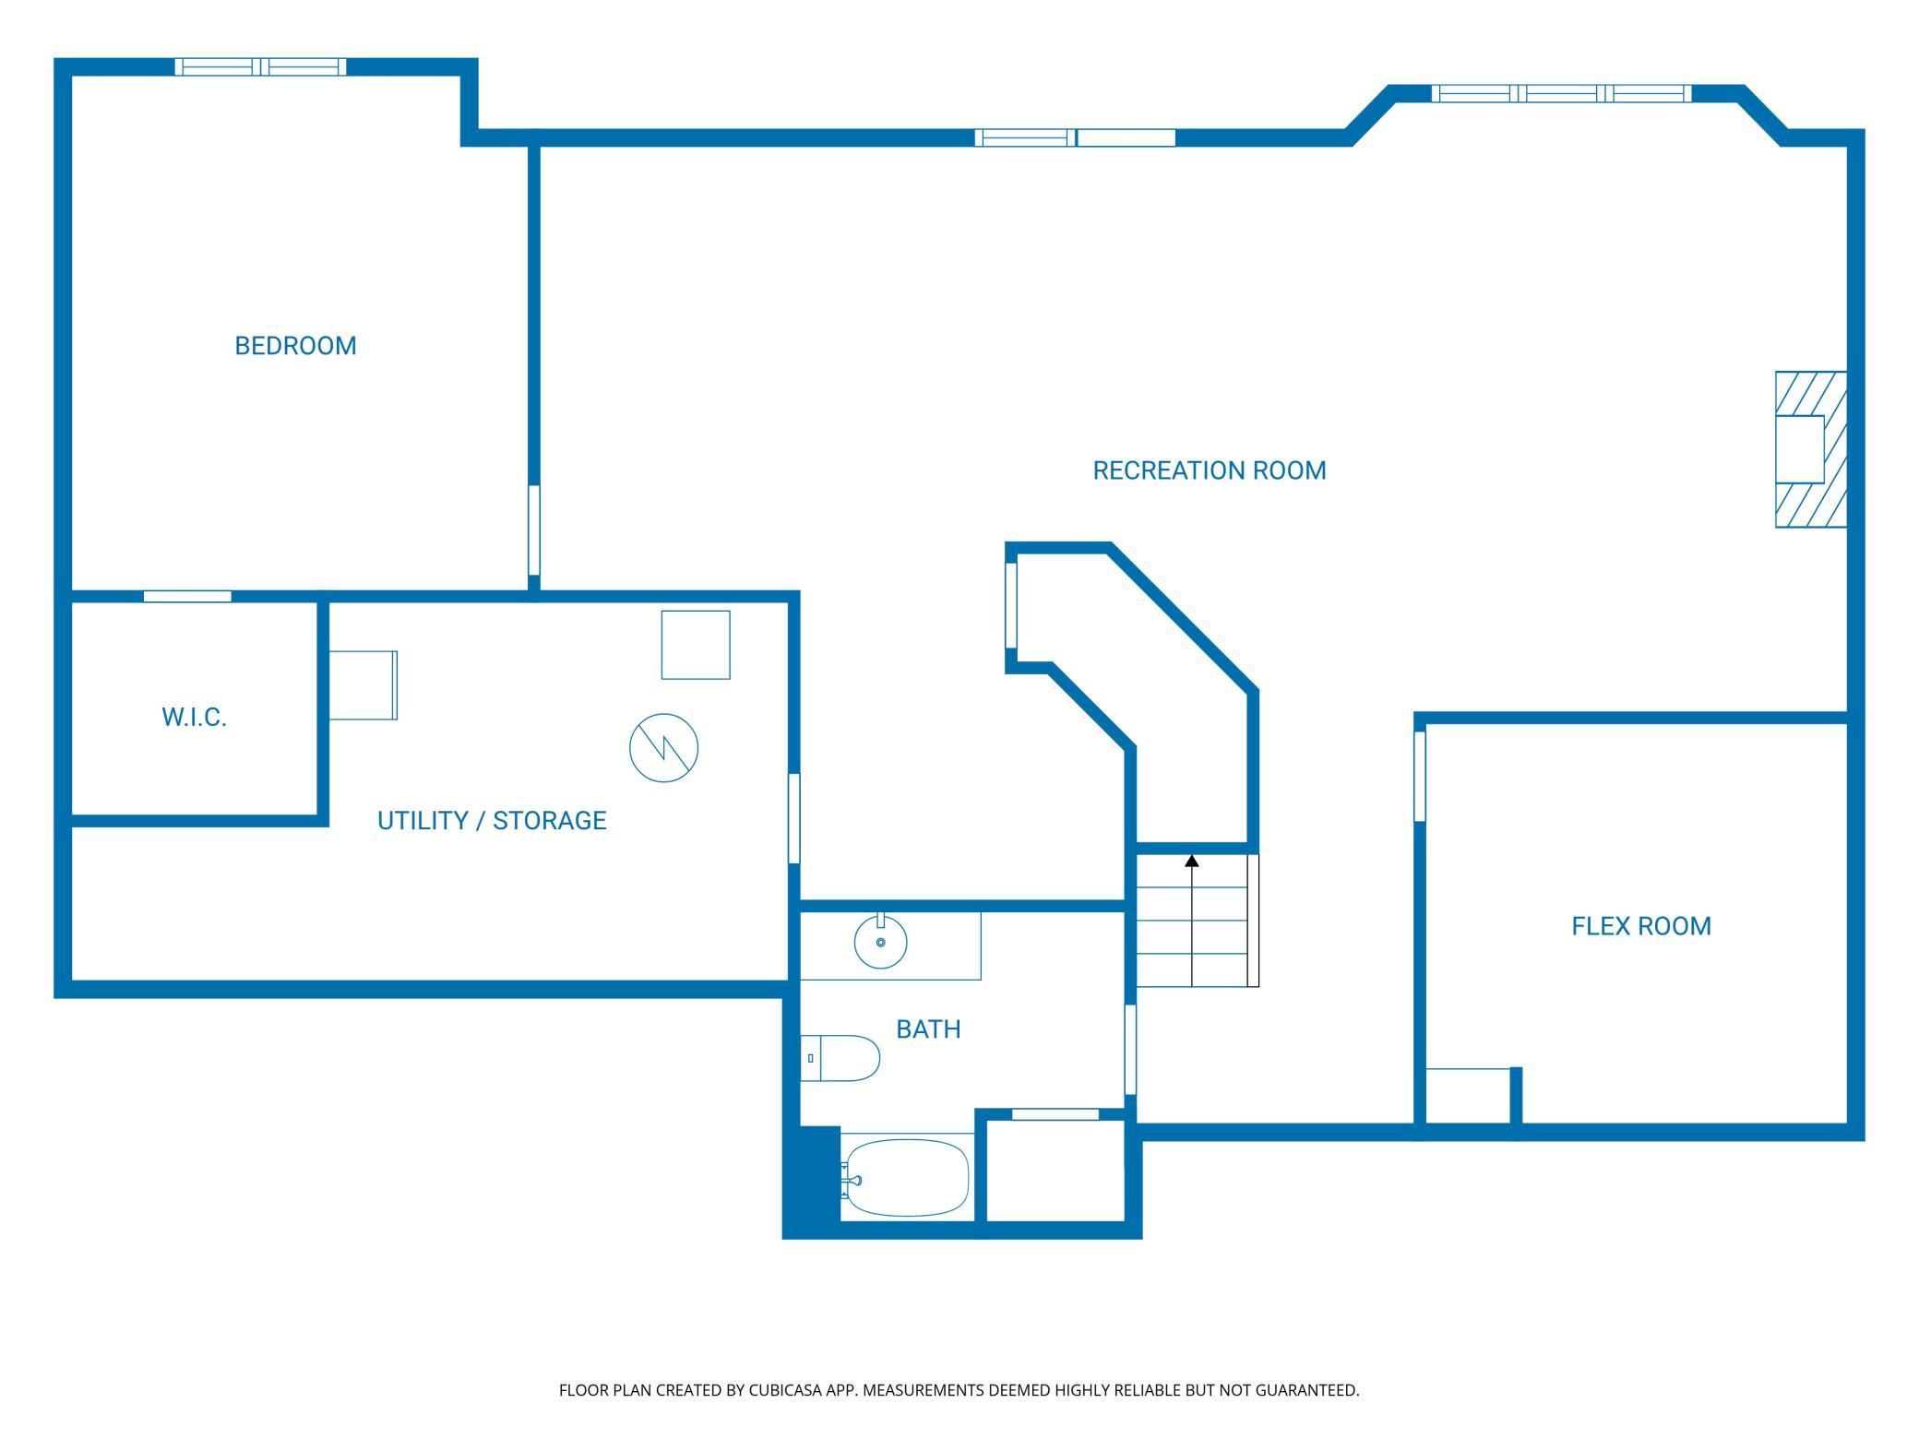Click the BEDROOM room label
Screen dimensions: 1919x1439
pyautogui.click(x=295, y=346)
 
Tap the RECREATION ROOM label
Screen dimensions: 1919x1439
pyautogui.click(x=1210, y=470)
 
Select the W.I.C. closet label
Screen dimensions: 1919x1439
pyautogui.click(x=194, y=718)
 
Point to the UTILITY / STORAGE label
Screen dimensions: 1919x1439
pyautogui.click(x=492, y=820)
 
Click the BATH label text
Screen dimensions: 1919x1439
pyautogui.click(x=928, y=1029)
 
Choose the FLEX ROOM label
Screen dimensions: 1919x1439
pyautogui.click(x=1641, y=926)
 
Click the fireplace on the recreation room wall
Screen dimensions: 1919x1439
pyautogui.click(x=1811, y=449)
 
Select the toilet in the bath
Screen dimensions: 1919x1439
pyautogui.click(x=840, y=1058)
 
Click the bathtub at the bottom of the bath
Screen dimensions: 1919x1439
pyautogui.click(x=906, y=1178)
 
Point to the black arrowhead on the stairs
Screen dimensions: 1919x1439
pyautogui.click(x=1192, y=862)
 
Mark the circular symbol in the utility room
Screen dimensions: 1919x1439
pyautogui.click(x=663, y=748)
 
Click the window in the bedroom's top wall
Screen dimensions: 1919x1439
pyautogui.click(x=261, y=66)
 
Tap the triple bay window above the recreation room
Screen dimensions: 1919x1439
pyautogui.click(x=1561, y=93)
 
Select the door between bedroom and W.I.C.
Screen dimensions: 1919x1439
pyautogui.click(x=187, y=597)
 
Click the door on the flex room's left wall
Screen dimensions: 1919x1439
pyautogui.click(x=1420, y=775)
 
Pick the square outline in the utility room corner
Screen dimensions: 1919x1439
pyautogui.click(x=696, y=645)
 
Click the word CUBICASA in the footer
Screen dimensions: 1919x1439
pyautogui.click(x=786, y=1390)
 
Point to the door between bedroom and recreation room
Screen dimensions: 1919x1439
pyautogui.click(x=533, y=530)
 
